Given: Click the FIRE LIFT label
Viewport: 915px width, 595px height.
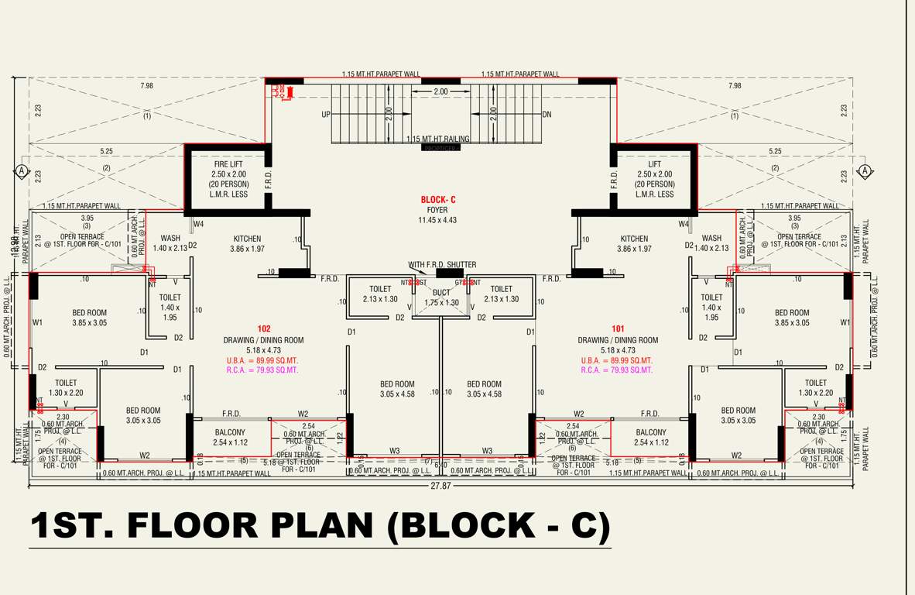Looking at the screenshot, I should pos(229,164).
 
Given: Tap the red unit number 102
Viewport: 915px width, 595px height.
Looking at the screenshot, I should pos(264,329).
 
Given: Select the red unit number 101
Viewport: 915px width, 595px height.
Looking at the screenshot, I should pos(618,329).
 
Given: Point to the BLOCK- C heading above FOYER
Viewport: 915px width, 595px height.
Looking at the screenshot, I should pos(438,200).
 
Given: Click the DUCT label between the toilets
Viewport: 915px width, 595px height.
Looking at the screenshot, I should pos(441,292).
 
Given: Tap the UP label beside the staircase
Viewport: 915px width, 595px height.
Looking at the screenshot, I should pos(326,115).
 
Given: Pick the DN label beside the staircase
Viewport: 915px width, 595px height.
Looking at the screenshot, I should pos(547,115).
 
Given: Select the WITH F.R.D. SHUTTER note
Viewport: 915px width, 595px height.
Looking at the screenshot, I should pos(442,265).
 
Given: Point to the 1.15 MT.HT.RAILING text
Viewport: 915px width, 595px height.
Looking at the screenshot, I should pos(438,139).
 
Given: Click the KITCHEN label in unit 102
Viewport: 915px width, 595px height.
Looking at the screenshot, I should pos(248,239).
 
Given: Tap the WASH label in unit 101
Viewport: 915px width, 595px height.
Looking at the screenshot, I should pos(711,239).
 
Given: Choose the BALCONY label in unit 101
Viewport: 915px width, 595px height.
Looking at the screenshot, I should pos(651,432).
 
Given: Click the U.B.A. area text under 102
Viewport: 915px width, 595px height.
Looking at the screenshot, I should pos(262,360).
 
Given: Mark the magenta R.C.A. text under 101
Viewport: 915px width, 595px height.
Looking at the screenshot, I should pos(617,370).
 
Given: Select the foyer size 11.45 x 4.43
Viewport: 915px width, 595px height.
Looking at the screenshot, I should pos(438,220).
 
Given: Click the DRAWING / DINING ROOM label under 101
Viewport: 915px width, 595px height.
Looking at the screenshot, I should pos(618,340).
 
